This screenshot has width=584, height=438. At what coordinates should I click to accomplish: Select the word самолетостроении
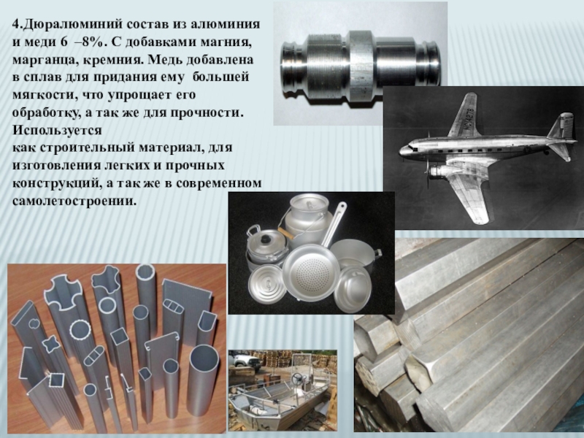click(x=72, y=201)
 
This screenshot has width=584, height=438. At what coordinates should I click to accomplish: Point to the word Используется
click(x=57, y=131)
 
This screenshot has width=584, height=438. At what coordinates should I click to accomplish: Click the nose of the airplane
click(x=404, y=150)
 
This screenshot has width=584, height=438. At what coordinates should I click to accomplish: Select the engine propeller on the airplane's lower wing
click(x=429, y=172)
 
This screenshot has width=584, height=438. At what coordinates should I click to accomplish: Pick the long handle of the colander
click(x=334, y=223)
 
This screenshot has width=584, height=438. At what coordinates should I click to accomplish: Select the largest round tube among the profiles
click(x=204, y=388)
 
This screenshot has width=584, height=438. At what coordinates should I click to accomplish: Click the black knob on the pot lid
click(x=266, y=239)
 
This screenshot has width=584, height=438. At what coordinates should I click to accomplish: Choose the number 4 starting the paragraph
click(x=15, y=25)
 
